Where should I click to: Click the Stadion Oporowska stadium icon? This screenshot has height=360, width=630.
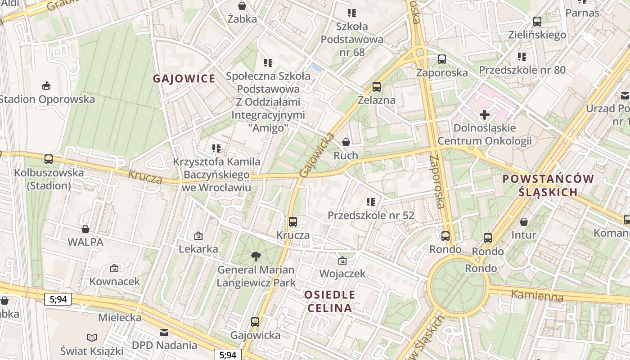(46, 85)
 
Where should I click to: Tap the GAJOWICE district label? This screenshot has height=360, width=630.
(184, 79)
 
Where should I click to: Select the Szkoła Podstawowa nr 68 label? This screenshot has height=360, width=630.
(352, 39)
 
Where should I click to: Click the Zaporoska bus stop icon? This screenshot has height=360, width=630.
(442, 59)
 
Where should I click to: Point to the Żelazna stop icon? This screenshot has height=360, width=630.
(377, 86)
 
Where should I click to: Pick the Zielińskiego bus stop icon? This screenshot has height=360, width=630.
(537, 21)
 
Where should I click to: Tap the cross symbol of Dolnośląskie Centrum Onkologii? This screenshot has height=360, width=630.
(485, 115)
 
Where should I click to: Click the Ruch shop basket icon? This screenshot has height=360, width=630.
(346, 142)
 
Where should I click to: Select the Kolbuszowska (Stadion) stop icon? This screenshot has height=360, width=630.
(49, 159)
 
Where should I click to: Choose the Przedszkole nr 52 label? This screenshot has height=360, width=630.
(371, 216)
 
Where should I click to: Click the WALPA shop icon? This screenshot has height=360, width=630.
(85, 229)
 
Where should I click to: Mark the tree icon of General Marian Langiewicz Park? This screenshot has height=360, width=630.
(256, 256)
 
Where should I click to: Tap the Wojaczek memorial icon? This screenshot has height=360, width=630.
(342, 260)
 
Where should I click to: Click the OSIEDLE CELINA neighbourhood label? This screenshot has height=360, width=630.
(329, 301)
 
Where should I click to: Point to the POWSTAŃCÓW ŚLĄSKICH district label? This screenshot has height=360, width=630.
(548, 185)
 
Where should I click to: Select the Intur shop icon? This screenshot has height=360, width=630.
(524, 221)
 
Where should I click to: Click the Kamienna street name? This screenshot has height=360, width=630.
(537, 296)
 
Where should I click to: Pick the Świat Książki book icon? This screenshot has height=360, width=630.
(92, 337)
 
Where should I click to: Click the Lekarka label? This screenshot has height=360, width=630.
(198, 249)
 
